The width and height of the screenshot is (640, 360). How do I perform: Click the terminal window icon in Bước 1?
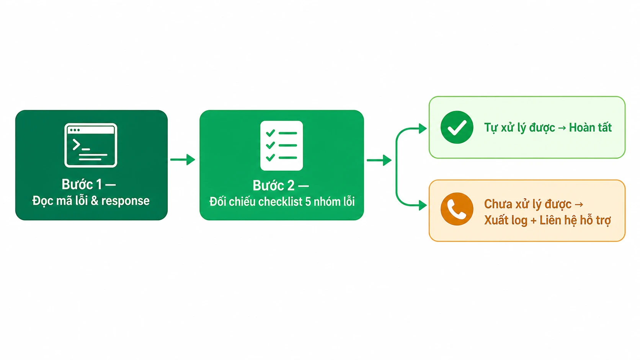91,145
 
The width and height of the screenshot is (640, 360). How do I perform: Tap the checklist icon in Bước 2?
281,146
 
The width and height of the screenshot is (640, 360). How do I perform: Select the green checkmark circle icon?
457,127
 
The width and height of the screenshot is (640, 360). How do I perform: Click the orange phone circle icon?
457,209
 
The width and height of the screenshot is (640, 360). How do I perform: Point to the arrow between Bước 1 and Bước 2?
183,159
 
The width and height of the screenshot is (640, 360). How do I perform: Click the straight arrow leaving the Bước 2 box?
379,160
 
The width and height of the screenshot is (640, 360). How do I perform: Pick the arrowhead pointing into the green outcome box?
423,129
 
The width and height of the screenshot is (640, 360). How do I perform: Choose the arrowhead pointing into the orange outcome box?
423,205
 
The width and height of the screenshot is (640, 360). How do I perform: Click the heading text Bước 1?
82,184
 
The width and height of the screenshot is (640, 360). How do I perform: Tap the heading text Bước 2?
273,186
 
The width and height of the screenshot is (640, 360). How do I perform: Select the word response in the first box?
125,201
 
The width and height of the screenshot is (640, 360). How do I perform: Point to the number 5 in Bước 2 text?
308,202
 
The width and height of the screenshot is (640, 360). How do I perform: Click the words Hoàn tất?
590,127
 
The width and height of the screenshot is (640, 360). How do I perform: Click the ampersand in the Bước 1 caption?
95,201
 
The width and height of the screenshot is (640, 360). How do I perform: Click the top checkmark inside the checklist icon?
270,133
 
